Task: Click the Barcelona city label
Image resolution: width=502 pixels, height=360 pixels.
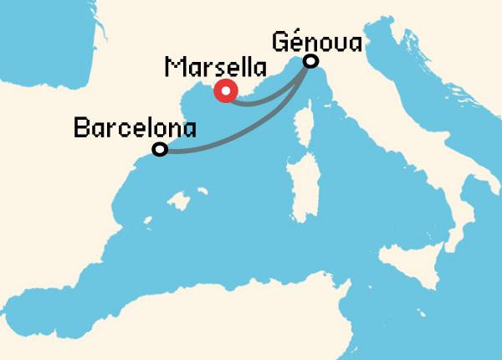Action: [x=135, y=128]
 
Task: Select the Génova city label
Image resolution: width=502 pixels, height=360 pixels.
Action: [x=317, y=41]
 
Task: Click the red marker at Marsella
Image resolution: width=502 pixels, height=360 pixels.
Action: [x=225, y=91]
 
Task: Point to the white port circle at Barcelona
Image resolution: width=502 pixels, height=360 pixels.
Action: [x=160, y=150]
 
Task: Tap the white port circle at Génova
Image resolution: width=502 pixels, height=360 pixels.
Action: [x=311, y=61]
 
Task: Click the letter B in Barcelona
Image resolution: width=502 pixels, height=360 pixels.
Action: [x=82, y=128]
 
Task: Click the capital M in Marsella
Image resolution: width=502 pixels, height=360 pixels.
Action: [x=174, y=67]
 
